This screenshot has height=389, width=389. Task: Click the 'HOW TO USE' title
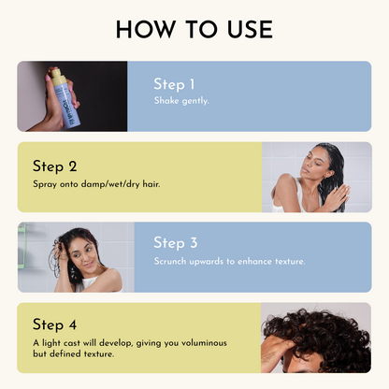point(194,29)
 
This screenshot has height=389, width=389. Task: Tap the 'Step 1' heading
point(176,84)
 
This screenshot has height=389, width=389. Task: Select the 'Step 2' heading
point(54,166)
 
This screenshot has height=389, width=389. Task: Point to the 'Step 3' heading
point(176,243)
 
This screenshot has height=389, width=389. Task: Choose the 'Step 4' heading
point(54,325)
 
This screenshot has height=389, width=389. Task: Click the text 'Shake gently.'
point(183,100)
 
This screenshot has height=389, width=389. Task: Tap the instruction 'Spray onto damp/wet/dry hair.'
point(96,183)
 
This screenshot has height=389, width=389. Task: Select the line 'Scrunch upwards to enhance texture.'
point(229,261)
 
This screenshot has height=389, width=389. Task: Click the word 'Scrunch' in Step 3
point(173,261)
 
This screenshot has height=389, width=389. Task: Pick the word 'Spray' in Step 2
point(45,183)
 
